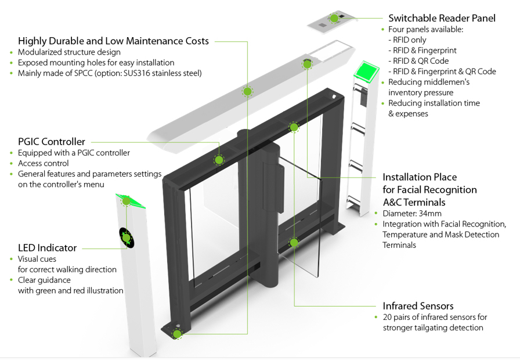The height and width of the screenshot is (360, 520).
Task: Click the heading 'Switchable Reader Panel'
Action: (442, 18)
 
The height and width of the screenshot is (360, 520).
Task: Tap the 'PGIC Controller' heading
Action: (52, 142)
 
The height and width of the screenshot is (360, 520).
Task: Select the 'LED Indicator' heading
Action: (47, 248)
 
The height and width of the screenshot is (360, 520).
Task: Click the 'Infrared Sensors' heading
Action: (418, 306)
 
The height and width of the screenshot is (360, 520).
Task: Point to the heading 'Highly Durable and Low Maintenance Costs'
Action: (113, 41)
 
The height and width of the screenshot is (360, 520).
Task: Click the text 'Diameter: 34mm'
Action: (411, 214)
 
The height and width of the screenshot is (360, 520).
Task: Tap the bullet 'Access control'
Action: (43, 163)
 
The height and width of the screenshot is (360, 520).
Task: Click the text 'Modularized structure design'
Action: (69, 52)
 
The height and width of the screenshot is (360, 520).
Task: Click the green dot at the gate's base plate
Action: (176, 333)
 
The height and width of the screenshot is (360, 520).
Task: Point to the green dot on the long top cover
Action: (247, 91)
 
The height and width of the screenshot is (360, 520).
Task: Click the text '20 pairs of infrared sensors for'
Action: (435, 318)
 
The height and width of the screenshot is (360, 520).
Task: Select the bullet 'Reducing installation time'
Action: (434, 103)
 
